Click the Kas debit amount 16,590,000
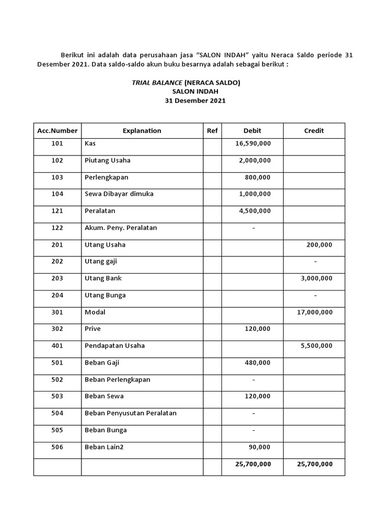[253, 144]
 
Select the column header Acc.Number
[58, 130]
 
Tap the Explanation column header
[142, 130]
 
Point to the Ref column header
[212, 130]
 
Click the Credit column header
[314, 130]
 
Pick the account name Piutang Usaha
[107, 161]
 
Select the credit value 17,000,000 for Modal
[315, 312]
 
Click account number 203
[58, 278]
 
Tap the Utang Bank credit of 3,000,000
[317, 278]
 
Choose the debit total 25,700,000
[253, 464]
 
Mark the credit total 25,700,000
[315, 464]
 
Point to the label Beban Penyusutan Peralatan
[130, 413]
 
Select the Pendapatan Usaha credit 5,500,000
[317, 346]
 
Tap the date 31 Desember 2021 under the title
[195, 101]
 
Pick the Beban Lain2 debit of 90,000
[259, 447]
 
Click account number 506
[58, 447]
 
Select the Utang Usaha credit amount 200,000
[319, 245]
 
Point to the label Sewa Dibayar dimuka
[119, 194]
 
